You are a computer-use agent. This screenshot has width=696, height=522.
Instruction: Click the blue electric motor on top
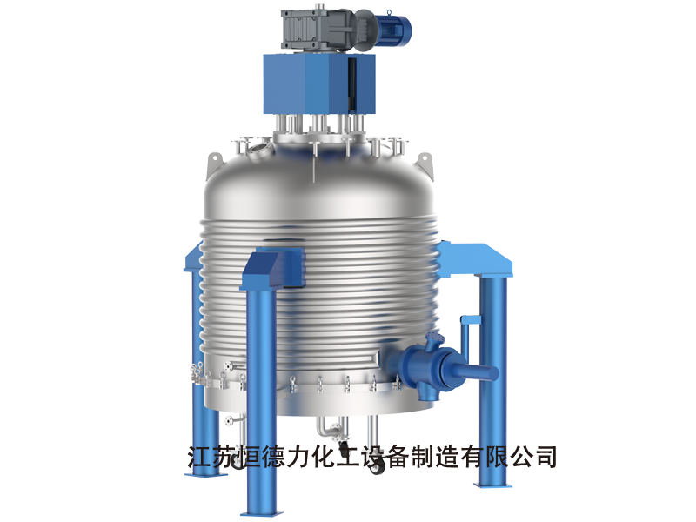click(391, 27)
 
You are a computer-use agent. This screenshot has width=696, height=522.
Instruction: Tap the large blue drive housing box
click(319, 84)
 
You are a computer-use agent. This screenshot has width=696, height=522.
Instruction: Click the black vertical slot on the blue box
click(351, 84)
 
